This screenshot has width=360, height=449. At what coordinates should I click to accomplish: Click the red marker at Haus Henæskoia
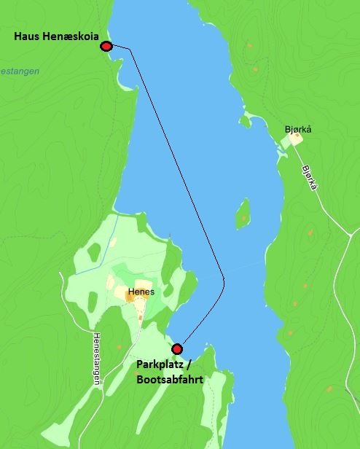point(106,47)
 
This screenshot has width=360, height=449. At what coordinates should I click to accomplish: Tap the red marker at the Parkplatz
point(176,348)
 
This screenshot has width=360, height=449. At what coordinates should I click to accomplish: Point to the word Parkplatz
point(161,364)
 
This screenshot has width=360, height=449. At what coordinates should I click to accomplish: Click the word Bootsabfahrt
point(170,379)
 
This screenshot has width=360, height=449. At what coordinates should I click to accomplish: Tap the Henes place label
point(139,293)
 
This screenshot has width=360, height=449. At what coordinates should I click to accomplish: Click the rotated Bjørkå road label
point(309,176)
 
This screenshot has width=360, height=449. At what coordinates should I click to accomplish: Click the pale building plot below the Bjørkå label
point(294,138)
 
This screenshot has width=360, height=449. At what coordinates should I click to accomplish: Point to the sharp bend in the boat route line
point(224,281)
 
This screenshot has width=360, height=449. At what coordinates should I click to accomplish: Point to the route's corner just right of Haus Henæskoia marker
point(129,49)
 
